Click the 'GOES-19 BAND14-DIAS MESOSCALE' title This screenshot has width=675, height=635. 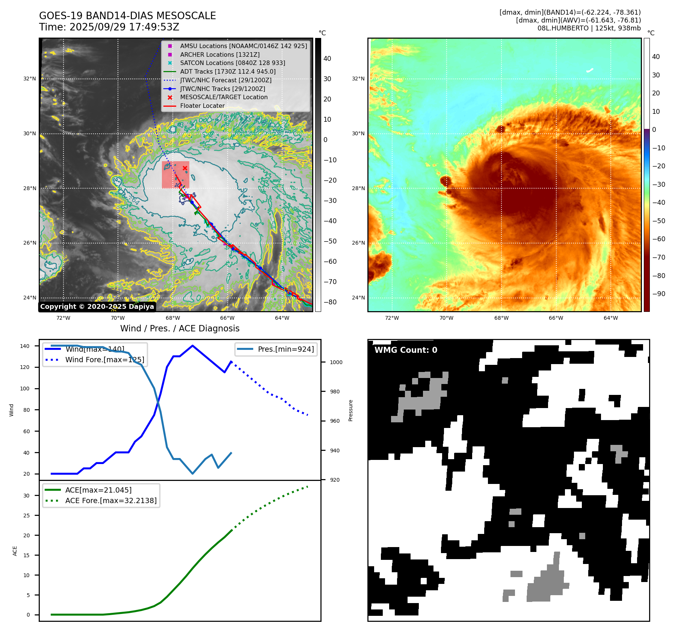pyautogui.click(x=127, y=16)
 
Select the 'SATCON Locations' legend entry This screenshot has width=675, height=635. pyautogui.click(x=232, y=63)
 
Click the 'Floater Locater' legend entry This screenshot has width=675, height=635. pyautogui.click(x=202, y=106)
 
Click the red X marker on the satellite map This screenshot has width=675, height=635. pyautogui.click(x=185, y=168)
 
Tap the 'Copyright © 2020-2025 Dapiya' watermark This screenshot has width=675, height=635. pyautogui.click(x=97, y=307)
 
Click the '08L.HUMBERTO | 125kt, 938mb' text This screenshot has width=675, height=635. pyautogui.click(x=589, y=28)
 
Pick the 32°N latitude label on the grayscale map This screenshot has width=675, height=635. pyautogui.click(x=30, y=79)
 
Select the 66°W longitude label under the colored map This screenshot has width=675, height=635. pyautogui.click(x=556, y=318)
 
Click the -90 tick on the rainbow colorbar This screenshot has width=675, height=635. pyautogui.click(x=658, y=294)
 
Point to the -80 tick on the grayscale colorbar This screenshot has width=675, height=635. pyautogui.click(x=330, y=302)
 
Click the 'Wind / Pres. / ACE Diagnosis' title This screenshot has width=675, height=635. pyautogui.click(x=180, y=328)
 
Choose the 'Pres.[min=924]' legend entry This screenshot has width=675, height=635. pyautogui.click(x=285, y=349)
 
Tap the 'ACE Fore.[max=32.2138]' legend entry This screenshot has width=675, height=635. pyautogui.click(x=111, y=500)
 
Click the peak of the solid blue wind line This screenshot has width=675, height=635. pyautogui.click(x=192, y=346)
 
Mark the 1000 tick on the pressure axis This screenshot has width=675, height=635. pyautogui.click(x=336, y=362)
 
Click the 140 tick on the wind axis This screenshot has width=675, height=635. pyautogui.click(x=25, y=346)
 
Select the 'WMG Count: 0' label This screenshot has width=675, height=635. pyautogui.click(x=406, y=350)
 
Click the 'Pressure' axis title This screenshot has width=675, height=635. pyautogui.click(x=350, y=410)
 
